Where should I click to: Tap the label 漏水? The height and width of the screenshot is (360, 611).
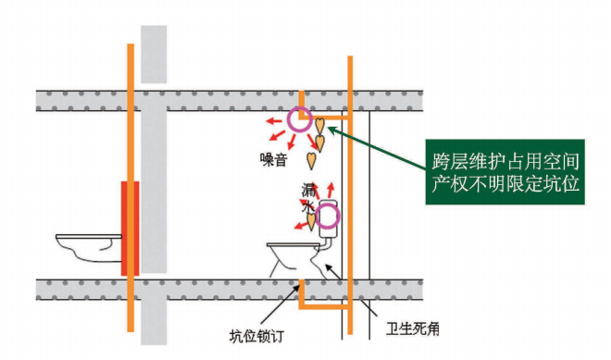[308, 199]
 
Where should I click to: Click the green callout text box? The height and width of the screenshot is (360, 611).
[504, 168]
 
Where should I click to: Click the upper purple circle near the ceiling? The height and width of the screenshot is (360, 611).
[299, 118]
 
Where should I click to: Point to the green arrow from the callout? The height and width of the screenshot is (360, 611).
[380, 149]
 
